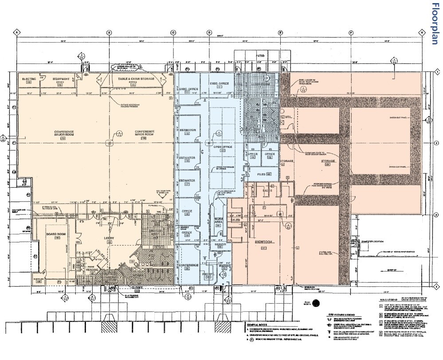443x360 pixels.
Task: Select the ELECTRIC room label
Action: (29, 79)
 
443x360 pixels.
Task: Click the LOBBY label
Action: (109, 238)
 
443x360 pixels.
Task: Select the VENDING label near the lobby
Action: (93, 269)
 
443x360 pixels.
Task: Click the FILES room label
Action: (261, 174)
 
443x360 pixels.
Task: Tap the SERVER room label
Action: (220, 244)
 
